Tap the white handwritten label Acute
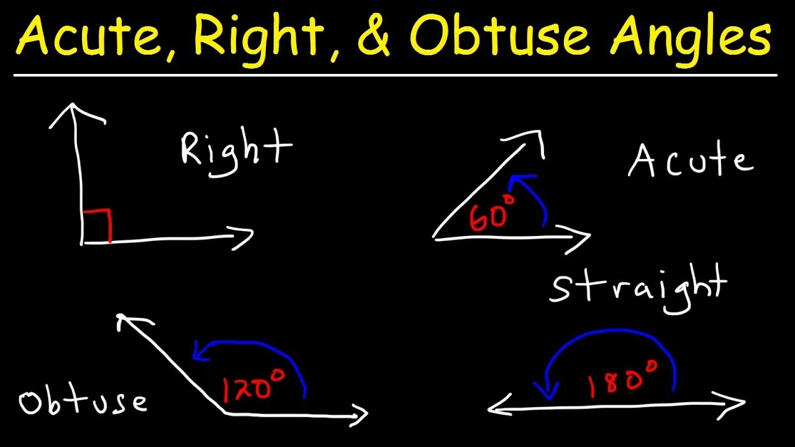(691, 162)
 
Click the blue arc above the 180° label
(612, 338)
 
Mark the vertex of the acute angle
(435, 237)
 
